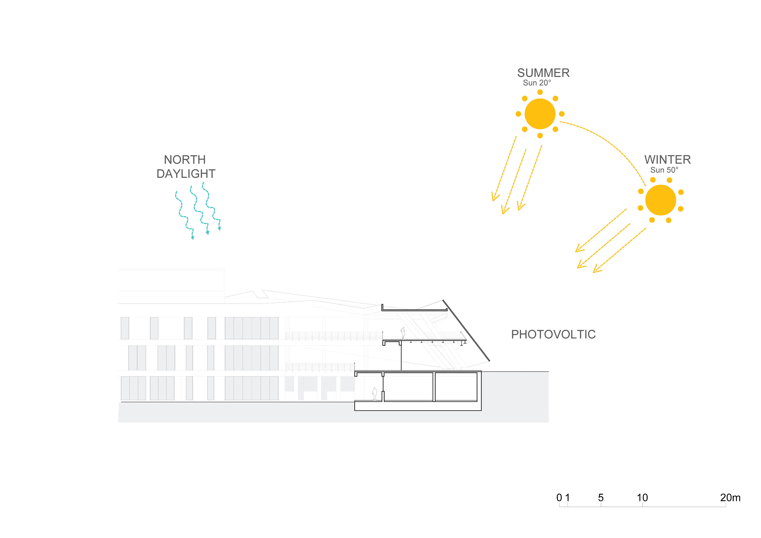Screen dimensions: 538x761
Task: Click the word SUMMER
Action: [x=543, y=73]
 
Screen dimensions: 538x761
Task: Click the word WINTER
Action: [x=667, y=160]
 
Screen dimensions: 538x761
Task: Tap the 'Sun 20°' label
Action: [x=537, y=83]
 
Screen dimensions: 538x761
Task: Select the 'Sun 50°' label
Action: [x=664, y=170]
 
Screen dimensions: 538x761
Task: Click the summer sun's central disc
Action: [x=540, y=114]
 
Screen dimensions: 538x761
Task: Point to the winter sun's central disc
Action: [x=660, y=200]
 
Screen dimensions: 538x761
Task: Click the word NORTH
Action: [x=185, y=160]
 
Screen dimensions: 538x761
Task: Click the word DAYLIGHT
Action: [x=186, y=174]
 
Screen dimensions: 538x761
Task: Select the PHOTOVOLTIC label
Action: [x=553, y=334]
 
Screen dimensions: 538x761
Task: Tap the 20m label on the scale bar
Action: [x=730, y=498]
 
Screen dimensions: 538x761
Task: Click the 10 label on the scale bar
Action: [x=642, y=498]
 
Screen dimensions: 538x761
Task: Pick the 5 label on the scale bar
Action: [x=601, y=498]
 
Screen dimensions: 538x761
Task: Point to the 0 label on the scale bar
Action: [x=559, y=498]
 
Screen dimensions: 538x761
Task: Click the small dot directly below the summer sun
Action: [x=540, y=135]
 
